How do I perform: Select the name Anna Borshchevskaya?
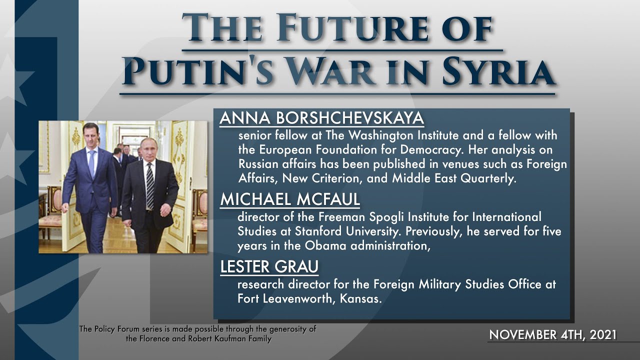(321, 118)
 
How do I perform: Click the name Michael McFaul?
(290, 199)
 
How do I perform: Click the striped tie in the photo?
(149, 185)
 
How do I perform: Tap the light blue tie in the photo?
(91, 162)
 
